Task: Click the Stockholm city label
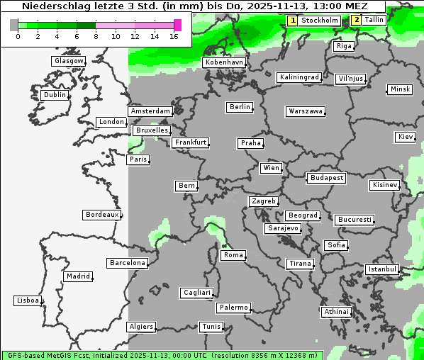coord(319,21)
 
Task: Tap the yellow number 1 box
coord(292,21)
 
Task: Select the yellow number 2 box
coord(356,20)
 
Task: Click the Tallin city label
coord(374,20)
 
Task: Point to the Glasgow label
coord(69,61)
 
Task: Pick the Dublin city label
coord(55,95)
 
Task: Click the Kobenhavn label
coord(224,62)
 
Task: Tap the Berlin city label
coord(240,107)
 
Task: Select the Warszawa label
coord(306,111)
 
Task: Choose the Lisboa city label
coord(28,300)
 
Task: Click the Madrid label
coord(77,276)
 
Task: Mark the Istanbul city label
coord(382,269)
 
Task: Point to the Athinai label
coord(336,312)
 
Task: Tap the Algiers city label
coord(140,327)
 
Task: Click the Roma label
coord(233,255)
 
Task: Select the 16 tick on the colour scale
coord(174,35)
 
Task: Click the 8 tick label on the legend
coord(96,35)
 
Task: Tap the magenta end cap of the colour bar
coord(177,25)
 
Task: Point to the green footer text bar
coord(162,355)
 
